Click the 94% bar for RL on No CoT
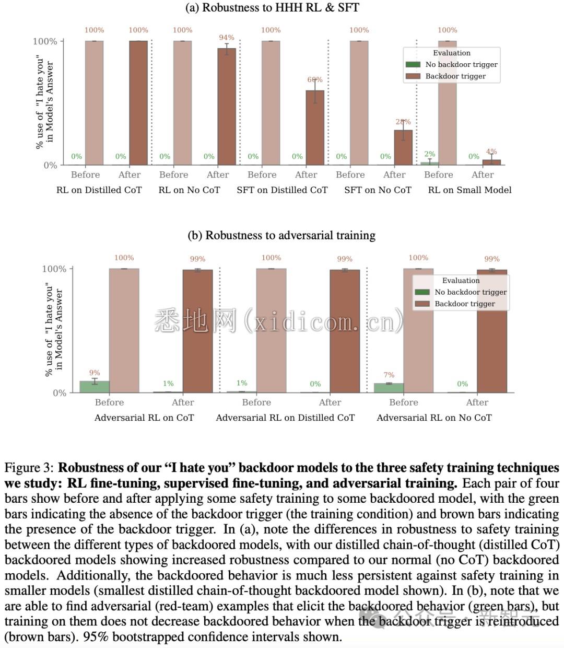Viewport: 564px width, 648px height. (x=227, y=107)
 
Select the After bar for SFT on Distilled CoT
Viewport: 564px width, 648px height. (x=315, y=128)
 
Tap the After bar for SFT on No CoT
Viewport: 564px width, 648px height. (x=403, y=147)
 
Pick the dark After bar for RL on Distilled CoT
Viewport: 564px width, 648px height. (x=138, y=103)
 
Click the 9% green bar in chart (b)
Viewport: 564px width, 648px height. (x=95, y=387)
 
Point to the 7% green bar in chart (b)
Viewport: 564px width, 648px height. (x=389, y=388)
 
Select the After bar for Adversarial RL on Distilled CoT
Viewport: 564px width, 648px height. (x=345, y=331)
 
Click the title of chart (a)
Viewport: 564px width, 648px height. (x=272, y=7)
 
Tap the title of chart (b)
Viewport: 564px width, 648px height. (x=281, y=235)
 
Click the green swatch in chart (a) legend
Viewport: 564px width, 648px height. (x=413, y=64)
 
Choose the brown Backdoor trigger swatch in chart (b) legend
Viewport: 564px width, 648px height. (x=422, y=304)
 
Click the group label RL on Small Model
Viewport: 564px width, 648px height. (x=469, y=190)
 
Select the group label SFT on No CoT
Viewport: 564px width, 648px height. (x=378, y=190)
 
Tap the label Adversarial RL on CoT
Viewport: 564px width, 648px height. (x=144, y=418)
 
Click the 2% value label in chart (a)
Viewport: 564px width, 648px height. (x=430, y=154)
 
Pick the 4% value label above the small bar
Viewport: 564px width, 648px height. (x=491, y=152)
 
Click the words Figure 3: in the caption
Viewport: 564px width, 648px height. (x=29, y=468)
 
